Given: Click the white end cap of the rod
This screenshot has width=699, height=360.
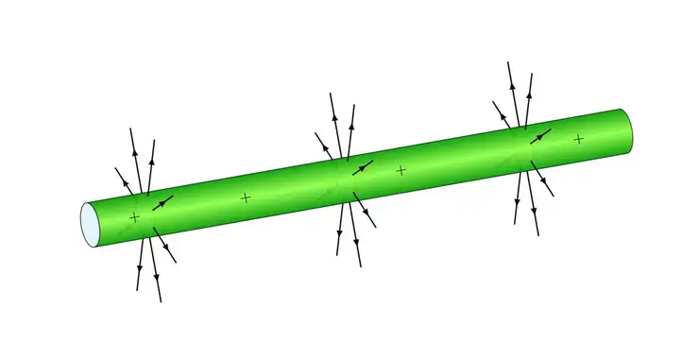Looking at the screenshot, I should (88, 224).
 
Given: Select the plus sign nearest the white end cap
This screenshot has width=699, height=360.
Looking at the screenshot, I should (134, 218).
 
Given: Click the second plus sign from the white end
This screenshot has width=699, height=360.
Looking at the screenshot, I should (246, 197).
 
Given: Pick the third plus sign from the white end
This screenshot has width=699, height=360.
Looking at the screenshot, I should (401, 170).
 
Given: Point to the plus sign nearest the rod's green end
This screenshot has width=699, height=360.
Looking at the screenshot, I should (578, 139).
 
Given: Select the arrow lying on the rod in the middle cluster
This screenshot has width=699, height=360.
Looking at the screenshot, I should (363, 167).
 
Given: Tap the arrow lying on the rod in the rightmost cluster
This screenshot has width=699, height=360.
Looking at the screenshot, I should (539, 136).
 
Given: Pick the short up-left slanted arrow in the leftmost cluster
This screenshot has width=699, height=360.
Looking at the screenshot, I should (124, 180).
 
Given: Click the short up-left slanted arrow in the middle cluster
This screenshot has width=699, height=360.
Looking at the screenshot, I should (324, 145).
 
